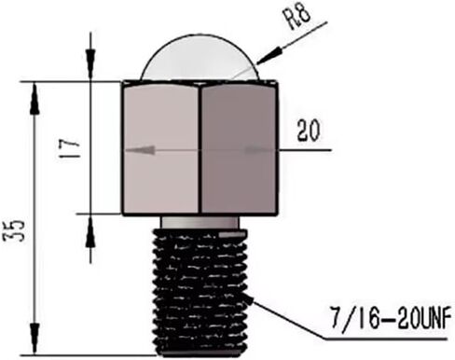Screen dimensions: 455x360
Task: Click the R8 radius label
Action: [299, 18]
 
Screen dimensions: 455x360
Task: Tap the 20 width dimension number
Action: [308, 131]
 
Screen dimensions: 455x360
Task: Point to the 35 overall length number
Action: [13, 230]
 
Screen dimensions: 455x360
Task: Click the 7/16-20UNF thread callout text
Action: [391, 317]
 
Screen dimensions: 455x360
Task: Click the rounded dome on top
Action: [200, 58]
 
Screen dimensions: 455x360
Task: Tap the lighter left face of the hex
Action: [160, 148]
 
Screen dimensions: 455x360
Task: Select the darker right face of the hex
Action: [239, 148]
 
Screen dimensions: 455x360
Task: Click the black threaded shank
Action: [200, 292]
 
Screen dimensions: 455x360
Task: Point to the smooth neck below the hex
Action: [200, 222]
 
